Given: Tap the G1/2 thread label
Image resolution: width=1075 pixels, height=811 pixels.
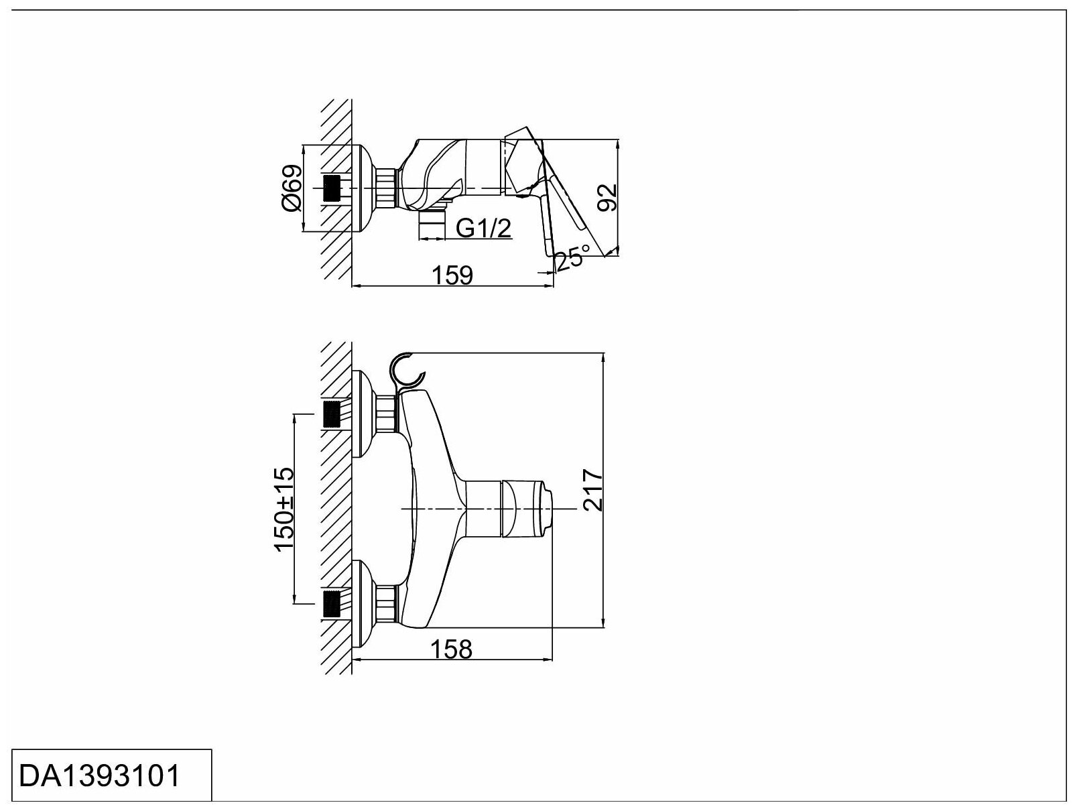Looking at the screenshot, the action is (483, 229).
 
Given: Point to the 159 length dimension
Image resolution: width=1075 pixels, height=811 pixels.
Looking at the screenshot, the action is (454, 275).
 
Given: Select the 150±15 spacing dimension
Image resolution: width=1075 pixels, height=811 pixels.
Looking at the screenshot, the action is (283, 509).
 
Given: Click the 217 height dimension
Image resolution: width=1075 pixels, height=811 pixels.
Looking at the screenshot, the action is (593, 491).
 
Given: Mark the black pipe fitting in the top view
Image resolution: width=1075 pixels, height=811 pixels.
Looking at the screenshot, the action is (332, 188).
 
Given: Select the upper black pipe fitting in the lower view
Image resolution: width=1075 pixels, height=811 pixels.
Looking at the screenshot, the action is (332, 414).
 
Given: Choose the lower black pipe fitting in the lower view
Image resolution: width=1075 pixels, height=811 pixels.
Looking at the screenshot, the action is (332, 603).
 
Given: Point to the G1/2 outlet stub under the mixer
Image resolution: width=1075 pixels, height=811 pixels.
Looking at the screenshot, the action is (431, 226).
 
